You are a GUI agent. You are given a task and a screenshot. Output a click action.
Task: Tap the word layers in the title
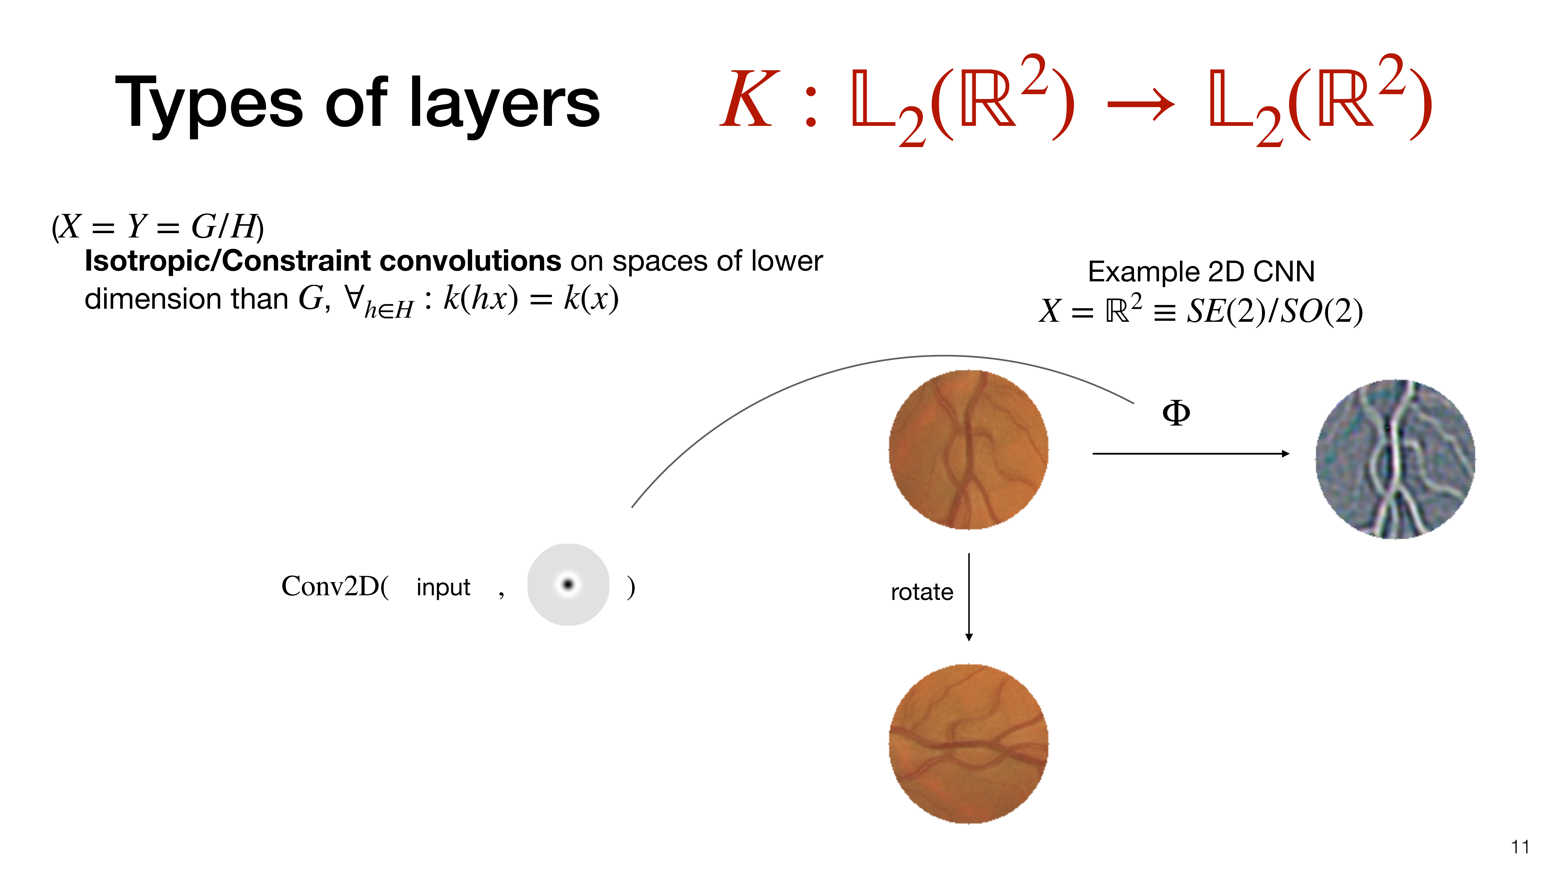(x=504, y=103)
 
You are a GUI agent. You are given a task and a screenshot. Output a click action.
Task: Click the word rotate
(x=922, y=592)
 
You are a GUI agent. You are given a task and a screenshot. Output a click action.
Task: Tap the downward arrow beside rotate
(x=969, y=597)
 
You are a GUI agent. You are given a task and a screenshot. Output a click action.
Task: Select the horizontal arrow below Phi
(x=1191, y=453)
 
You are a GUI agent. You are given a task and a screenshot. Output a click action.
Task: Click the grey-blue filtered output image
(x=1395, y=459)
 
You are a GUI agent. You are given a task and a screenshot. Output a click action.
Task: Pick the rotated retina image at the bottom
(x=969, y=744)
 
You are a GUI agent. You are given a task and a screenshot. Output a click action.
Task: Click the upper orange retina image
(x=969, y=450)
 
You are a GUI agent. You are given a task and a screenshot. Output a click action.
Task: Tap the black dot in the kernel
(x=568, y=584)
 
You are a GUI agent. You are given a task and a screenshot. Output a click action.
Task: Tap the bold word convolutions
(x=471, y=261)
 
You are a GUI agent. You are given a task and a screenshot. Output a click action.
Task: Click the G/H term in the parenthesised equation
(x=223, y=227)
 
